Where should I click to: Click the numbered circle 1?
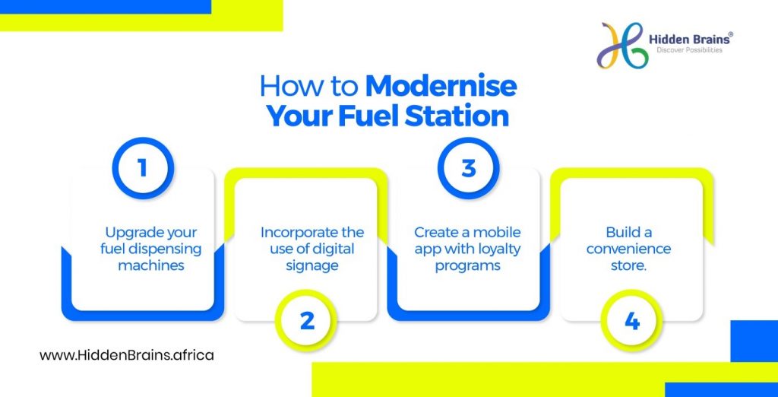[x=143, y=168]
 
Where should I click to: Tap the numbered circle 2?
[x=307, y=321]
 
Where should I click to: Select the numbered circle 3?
[x=468, y=168]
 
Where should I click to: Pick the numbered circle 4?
[x=631, y=321]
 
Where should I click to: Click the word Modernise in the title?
[x=441, y=86]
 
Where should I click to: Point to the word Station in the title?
[x=457, y=116]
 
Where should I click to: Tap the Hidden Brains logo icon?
[x=622, y=45]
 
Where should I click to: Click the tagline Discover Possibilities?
[x=689, y=50]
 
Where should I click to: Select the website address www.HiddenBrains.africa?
[x=127, y=355]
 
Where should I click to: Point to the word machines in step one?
[x=151, y=265]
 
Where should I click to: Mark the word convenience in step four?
[x=628, y=249]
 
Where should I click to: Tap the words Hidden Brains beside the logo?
[x=690, y=39]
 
